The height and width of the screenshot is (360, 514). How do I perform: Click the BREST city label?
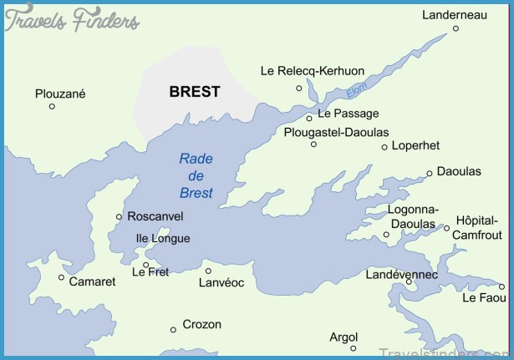[195, 92]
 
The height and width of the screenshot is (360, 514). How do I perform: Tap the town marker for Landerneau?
[455, 28]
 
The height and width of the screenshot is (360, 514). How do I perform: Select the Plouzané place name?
[60, 94]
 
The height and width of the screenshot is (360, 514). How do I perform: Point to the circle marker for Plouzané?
[52, 106]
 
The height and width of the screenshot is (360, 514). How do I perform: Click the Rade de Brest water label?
[196, 176]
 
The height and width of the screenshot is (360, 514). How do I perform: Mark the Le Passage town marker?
[309, 118]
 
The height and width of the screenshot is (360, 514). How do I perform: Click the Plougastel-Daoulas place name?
[336, 132]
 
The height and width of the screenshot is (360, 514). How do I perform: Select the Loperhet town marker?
[384, 147]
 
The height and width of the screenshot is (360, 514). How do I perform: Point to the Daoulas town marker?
[430, 174]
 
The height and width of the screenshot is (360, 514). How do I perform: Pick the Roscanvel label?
[155, 215]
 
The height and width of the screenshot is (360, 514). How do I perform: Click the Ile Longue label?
[163, 238]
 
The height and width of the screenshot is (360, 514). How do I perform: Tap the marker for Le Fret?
[146, 266]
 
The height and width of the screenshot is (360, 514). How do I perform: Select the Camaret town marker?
[61, 277]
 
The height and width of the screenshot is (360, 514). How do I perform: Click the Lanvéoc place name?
[221, 283]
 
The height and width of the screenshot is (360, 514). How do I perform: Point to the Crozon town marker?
[173, 329]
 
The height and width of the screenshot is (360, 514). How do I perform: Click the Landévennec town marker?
[409, 281]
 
